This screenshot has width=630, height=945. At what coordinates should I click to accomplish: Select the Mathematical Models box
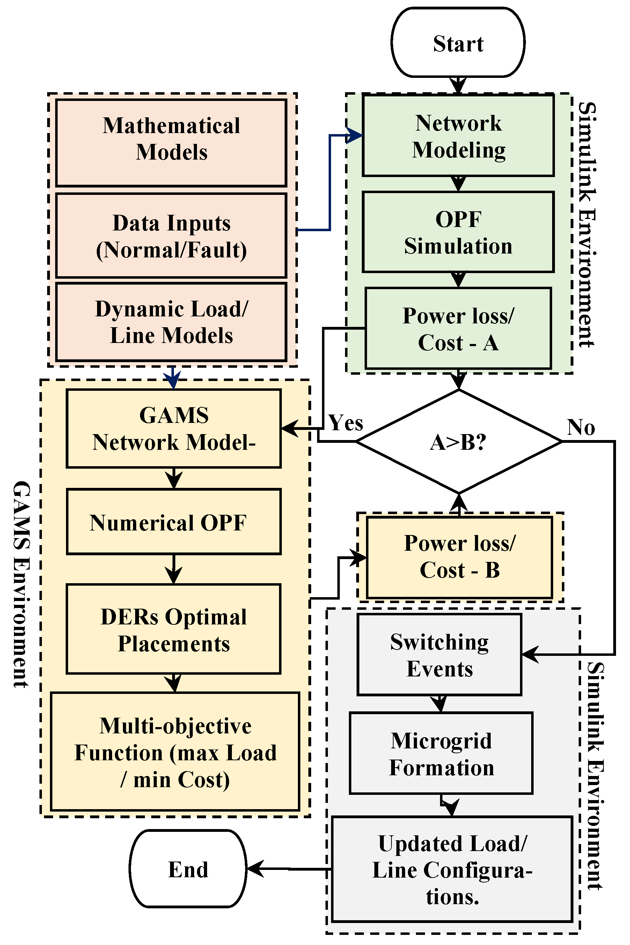coord(171,142)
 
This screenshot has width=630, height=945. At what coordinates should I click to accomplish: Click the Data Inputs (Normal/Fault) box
coord(171,236)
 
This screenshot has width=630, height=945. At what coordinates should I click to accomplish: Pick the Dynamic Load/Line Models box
coord(171,322)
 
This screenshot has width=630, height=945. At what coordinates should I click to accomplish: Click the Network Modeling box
coord(458,135)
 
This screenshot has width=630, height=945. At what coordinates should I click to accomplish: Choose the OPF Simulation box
coord(458,232)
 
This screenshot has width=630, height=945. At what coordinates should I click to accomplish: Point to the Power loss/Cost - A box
coord(458,328)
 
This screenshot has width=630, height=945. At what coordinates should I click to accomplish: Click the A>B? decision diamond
coord(458,442)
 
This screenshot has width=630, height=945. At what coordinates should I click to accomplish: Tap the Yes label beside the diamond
coord(345,423)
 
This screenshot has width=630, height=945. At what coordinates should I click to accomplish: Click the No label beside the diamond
coord(580,427)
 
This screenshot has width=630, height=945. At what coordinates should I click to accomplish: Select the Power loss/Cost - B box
coord(459,557)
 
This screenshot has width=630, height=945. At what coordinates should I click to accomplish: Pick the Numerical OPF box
coord(174,522)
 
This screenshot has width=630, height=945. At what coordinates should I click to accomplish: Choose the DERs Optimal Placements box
coord(174,629)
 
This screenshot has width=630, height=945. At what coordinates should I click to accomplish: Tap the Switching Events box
coord(439,655)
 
